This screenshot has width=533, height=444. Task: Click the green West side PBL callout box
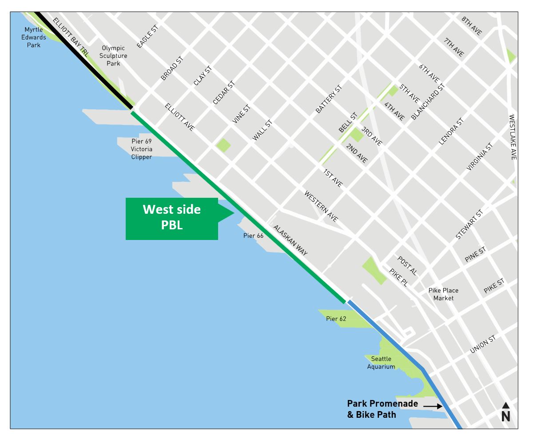coord(172,218)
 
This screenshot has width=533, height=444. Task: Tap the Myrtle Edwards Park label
coord(33,37)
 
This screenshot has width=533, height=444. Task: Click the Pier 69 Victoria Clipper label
coord(142,149)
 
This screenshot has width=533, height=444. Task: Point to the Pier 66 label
coord(253,236)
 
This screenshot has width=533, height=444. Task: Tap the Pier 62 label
coord(336,319)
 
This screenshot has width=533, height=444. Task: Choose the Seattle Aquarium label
coord(381,363)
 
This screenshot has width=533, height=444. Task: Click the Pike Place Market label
coord(443,294)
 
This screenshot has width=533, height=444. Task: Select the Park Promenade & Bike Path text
coord(382,409)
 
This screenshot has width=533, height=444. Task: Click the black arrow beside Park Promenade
coord(433,406)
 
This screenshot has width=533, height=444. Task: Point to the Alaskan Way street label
coord(290,240)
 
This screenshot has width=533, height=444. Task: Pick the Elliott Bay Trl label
coord(71,37)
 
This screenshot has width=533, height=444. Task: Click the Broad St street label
coord(172,68)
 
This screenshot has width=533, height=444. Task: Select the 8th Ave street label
coord(471,26)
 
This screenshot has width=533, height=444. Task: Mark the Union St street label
coord(483,345)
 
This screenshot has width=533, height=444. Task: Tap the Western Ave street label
coord(321,206)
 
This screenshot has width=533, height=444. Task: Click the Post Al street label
coord(407,265)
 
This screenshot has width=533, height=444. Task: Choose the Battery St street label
coord(328,99)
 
